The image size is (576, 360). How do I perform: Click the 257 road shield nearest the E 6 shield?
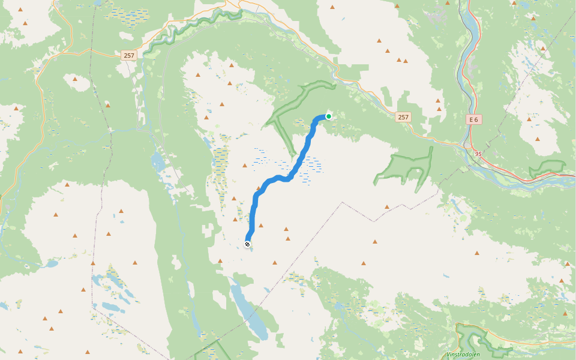(x=403, y=118)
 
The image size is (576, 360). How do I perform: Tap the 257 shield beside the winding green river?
(x=128, y=56)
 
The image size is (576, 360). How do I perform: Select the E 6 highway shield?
(x=474, y=119)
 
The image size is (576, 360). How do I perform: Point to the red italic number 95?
(x=478, y=154)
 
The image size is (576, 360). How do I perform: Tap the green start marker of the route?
(x=329, y=116)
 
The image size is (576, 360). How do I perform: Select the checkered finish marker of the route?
(x=247, y=244)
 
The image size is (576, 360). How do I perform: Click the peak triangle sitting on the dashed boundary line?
(x=387, y=207)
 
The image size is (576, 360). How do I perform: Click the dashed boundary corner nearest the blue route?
(x=343, y=203)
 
